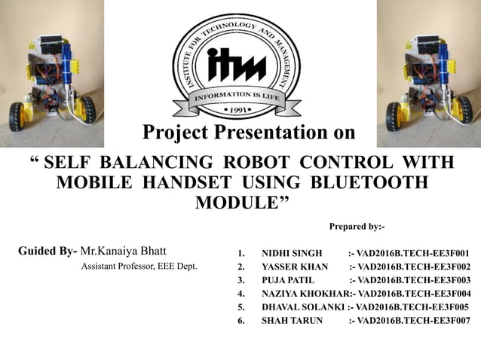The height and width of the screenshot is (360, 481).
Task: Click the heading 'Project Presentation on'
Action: click(248, 133)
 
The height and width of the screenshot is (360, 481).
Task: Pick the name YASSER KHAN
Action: click(294, 267)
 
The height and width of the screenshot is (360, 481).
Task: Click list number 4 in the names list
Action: click(240, 294)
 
